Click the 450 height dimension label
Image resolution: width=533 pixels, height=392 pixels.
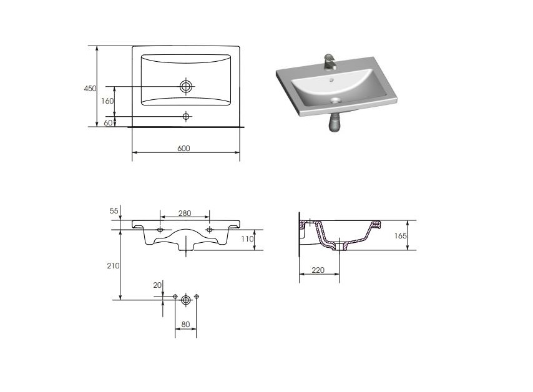tap(90, 89)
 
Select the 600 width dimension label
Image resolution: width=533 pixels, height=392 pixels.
tap(183, 148)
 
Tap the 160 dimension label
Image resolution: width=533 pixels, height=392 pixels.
tap(107, 101)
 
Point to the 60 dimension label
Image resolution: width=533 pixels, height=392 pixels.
tap(108, 123)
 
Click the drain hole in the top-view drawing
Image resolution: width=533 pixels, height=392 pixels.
tap(186, 86)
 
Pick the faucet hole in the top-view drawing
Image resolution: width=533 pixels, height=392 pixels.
tap(185, 117)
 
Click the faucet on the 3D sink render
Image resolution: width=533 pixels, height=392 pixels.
tap(330, 62)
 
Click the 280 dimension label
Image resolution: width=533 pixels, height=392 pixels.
tap(185, 213)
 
